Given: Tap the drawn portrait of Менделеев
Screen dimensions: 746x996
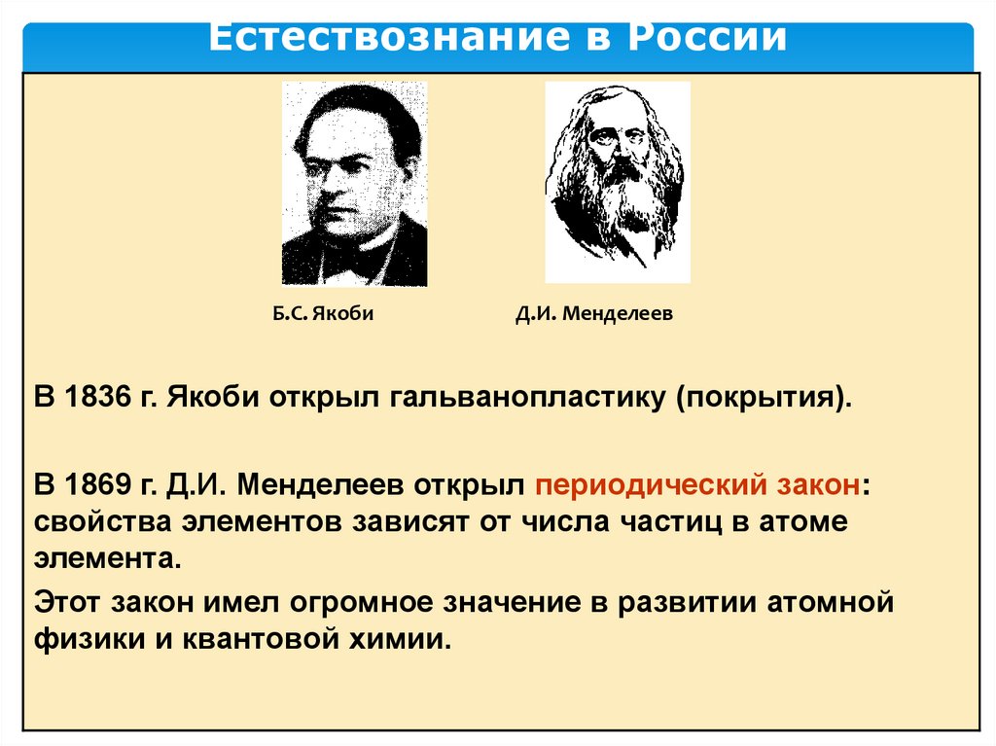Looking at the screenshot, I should (617, 181).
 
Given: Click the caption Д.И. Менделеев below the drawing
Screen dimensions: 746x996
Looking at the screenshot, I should (593, 314).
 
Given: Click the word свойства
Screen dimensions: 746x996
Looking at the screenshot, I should (100, 521).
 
